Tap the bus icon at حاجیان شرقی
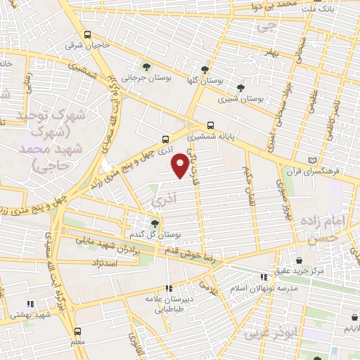(x=86, y=34)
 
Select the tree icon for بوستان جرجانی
(x=146, y=67)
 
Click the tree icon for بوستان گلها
(x=204, y=70)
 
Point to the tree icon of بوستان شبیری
(x=241, y=88)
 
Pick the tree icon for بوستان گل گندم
(x=154, y=223)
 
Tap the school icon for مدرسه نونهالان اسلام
(x=264, y=278)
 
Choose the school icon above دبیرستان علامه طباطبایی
(x=168, y=288)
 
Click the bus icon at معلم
(x=77, y=330)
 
